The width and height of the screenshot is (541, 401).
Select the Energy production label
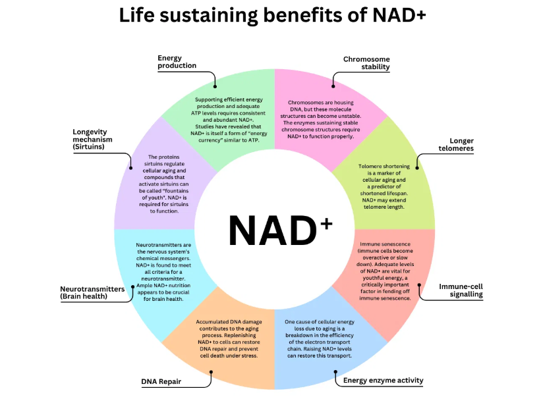point(177,62)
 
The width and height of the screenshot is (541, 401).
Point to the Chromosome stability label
point(366,63)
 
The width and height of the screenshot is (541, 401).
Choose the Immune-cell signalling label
point(461,290)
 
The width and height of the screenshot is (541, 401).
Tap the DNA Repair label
point(161,381)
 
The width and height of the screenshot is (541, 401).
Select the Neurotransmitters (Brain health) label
point(93,292)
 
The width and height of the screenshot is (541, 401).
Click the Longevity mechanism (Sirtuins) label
point(92,140)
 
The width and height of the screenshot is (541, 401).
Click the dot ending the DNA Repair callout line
point(211,372)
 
